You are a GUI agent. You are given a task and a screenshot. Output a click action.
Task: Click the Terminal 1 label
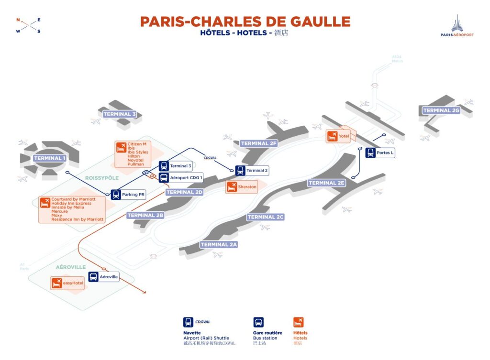coord(50,158)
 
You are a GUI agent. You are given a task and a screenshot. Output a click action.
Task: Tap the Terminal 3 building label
coord(120,114)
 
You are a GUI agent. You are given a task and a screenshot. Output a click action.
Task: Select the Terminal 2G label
coord(441,110)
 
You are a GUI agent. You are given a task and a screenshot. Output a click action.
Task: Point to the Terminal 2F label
coord(259,143)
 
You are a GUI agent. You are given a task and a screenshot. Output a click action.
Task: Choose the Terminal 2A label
coord(219,245)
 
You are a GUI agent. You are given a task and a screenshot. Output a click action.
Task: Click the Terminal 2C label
coord(266,217)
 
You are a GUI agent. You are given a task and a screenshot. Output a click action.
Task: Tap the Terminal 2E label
coord(327,183)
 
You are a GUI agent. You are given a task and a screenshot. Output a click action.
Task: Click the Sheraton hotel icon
coord(232,187)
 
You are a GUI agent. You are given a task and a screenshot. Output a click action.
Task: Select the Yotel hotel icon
coord(332,136)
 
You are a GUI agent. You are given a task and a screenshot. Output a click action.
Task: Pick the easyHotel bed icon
coord(57,283)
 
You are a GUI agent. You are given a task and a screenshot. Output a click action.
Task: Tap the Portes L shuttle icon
coord(371,153)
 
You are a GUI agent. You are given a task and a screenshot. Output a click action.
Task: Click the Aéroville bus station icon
coord(93,277)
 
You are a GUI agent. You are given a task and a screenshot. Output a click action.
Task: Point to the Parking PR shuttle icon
coord(116,195)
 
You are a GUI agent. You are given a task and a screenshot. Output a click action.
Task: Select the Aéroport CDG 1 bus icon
coord(164,178)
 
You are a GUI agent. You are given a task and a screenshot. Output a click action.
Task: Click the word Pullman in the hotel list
coord(135,164)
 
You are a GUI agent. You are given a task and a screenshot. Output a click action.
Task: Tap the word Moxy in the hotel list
coord(56,215)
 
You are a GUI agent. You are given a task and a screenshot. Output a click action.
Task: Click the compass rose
coord(28,25)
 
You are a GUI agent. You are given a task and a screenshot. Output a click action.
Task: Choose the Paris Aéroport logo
coord(457,26)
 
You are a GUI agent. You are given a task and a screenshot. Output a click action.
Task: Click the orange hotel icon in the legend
coord(299,322)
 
